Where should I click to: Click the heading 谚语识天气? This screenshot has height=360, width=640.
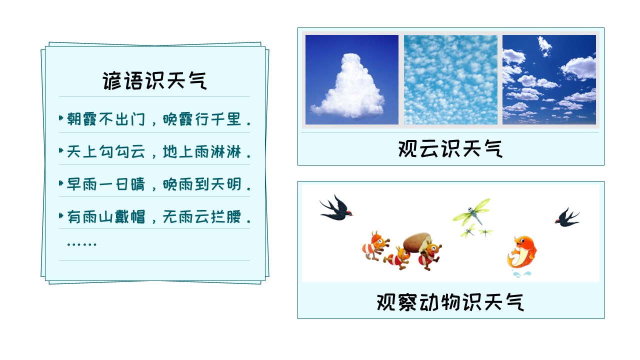[154, 81]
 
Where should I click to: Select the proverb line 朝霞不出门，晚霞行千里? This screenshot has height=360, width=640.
[159, 119]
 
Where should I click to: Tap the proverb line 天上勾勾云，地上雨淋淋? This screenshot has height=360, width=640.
[159, 151]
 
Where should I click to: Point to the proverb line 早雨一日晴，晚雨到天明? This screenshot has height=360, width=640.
[159, 184]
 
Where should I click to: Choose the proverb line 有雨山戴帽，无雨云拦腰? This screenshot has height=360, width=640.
[159, 216]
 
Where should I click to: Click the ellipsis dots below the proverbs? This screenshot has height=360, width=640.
[81, 244]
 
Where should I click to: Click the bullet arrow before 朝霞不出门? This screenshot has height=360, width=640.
[61, 117]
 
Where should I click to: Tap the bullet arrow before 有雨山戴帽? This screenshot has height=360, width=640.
[61, 215]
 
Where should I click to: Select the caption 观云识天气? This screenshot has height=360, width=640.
[450, 148]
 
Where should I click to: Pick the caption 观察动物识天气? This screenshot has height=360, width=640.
[450, 302]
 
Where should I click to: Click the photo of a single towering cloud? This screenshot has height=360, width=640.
[351, 79]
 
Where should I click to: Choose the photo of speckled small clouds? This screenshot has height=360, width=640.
[450, 79]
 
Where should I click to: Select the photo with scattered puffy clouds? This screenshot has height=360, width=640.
[549, 79]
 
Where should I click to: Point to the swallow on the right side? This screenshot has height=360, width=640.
[567, 217]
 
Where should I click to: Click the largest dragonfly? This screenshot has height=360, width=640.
[471, 211]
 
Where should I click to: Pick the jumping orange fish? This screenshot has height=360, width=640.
[522, 252]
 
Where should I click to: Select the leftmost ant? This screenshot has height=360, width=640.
[375, 245]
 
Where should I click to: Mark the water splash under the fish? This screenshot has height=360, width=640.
[521, 274]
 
